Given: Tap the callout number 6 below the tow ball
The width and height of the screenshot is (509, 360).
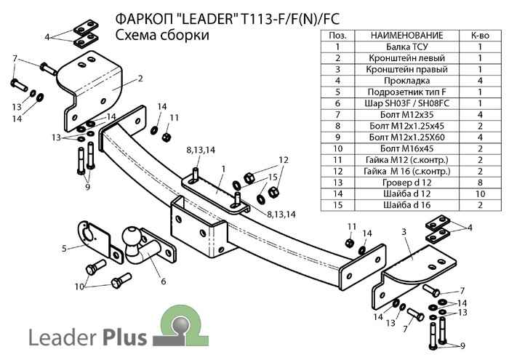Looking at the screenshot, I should (163, 281).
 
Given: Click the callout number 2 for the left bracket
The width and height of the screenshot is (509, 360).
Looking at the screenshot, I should (139, 78).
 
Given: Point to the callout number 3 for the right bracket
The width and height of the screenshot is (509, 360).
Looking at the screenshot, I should (402, 232).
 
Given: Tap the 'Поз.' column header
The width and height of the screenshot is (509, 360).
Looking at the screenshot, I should (337, 35).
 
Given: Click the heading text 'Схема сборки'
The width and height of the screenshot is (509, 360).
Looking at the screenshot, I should (162, 35).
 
